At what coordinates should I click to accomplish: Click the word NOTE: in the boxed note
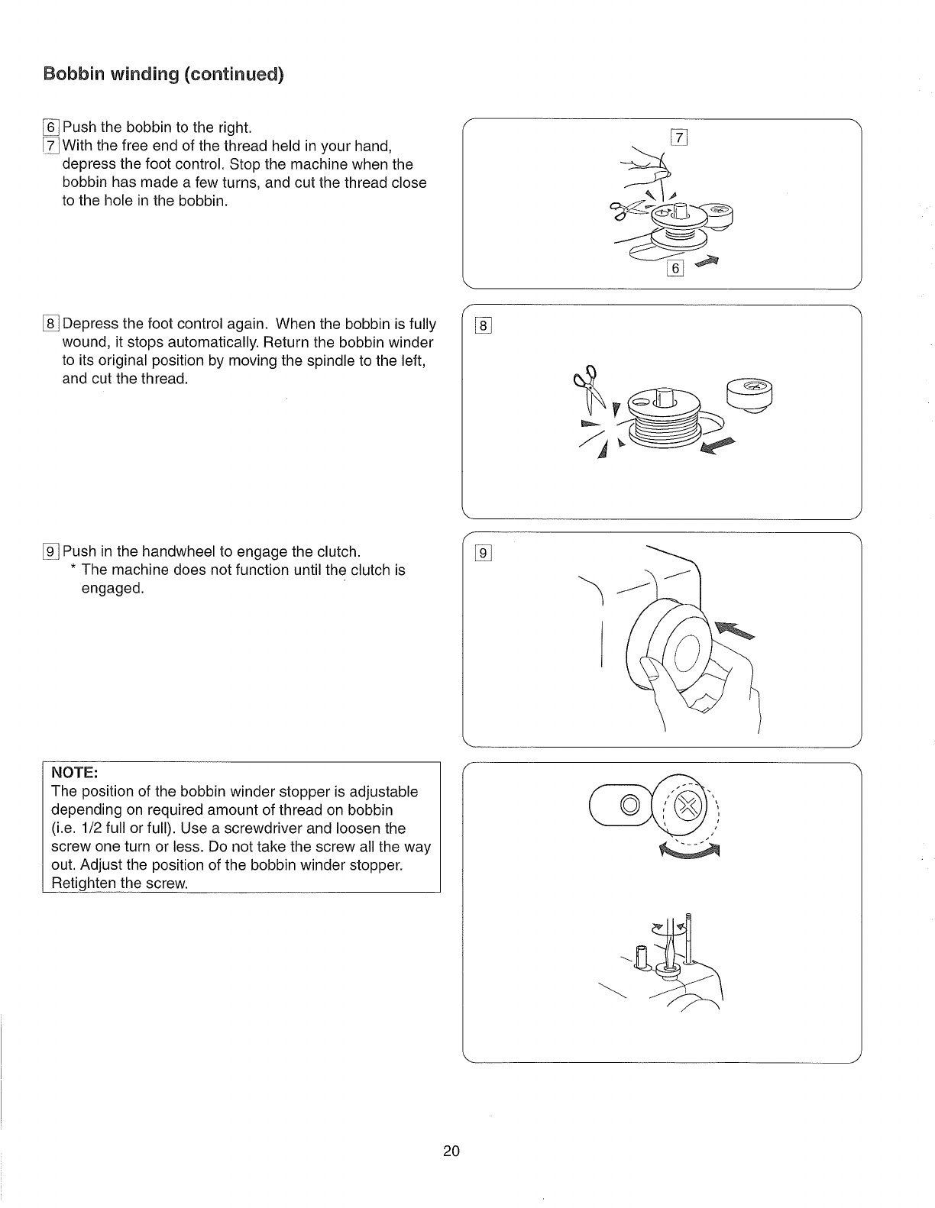point(71,771)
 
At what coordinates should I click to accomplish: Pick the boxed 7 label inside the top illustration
point(678,138)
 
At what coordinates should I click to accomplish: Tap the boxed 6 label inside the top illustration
point(675,268)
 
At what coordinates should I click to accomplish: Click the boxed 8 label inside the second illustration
point(484,327)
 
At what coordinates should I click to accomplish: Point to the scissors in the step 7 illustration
point(625,210)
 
